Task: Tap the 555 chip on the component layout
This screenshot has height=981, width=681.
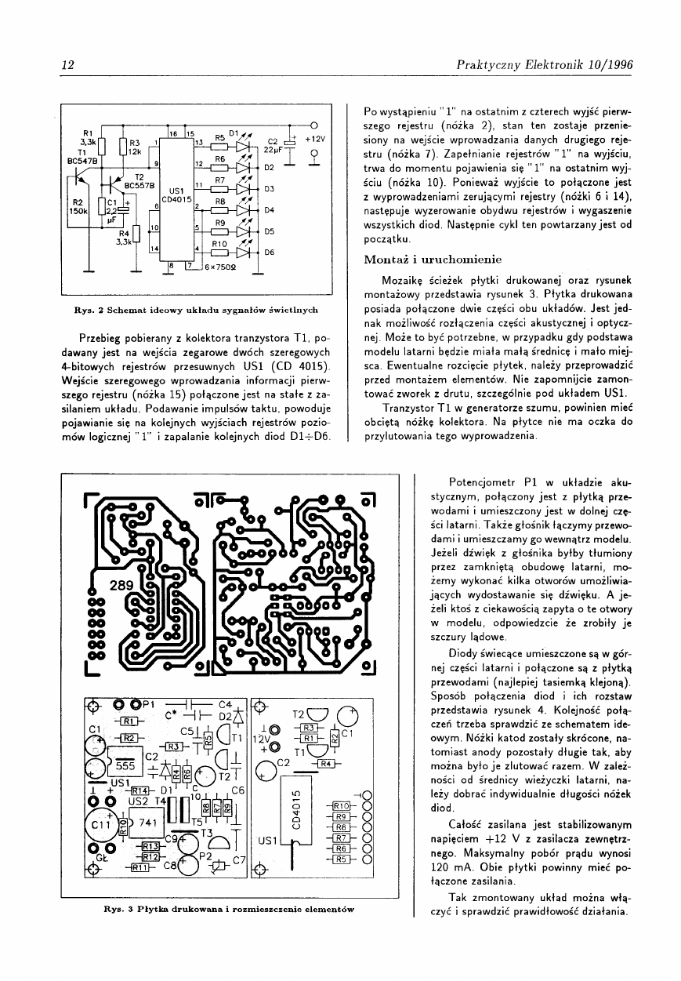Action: point(124,765)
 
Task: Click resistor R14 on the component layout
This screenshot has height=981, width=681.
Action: point(140,790)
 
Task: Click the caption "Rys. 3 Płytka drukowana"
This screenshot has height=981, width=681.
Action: point(229,910)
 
